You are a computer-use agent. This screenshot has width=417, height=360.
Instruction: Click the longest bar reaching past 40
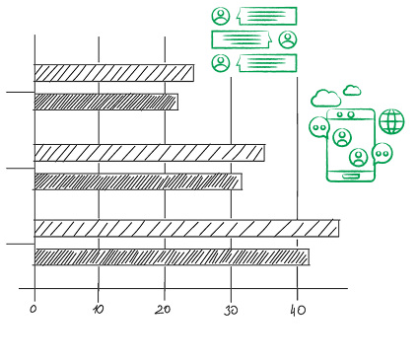click(x=186, y=228)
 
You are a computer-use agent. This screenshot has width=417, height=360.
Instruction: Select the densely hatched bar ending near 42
click(x=172, y=256)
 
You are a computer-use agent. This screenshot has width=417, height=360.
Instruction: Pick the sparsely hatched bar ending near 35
click(x=150, y=153)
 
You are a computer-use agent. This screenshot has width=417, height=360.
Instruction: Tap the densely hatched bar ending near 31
click(x=138, y=181)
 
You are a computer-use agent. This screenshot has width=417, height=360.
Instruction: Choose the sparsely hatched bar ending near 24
click(x=114, y=73)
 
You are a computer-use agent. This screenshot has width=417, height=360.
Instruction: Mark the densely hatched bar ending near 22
click(x=106, y=102)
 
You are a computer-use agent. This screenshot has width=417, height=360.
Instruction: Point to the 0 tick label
click(x=34, y=309)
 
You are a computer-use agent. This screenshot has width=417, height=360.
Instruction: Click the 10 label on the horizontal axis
click(x=99, y=310)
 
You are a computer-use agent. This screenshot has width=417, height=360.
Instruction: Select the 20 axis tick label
click(x=163, y=310)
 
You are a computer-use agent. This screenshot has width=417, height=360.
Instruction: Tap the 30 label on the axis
click(x=231, y=311)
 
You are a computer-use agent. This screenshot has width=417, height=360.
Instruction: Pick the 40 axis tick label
click(x=298, y=310)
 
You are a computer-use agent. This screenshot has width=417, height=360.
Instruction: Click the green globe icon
click(x=391, y=121)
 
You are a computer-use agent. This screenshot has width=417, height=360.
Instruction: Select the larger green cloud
click(x=325, y=98)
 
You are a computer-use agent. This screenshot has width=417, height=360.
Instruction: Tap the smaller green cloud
click(x=352, y=91)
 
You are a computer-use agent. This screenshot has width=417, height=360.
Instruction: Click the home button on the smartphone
click(x=350, y=177)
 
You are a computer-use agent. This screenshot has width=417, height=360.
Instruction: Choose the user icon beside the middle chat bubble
click(x=288, y=39)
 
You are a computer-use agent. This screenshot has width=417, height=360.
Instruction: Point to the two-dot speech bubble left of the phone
click(x=318, y=127)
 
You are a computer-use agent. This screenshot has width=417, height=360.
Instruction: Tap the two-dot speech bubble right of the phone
click(x=382, y=153)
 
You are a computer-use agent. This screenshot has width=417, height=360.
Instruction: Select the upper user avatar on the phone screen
click(x=342, y=137)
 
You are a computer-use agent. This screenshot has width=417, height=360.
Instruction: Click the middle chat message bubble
click(x=242, y=39)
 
